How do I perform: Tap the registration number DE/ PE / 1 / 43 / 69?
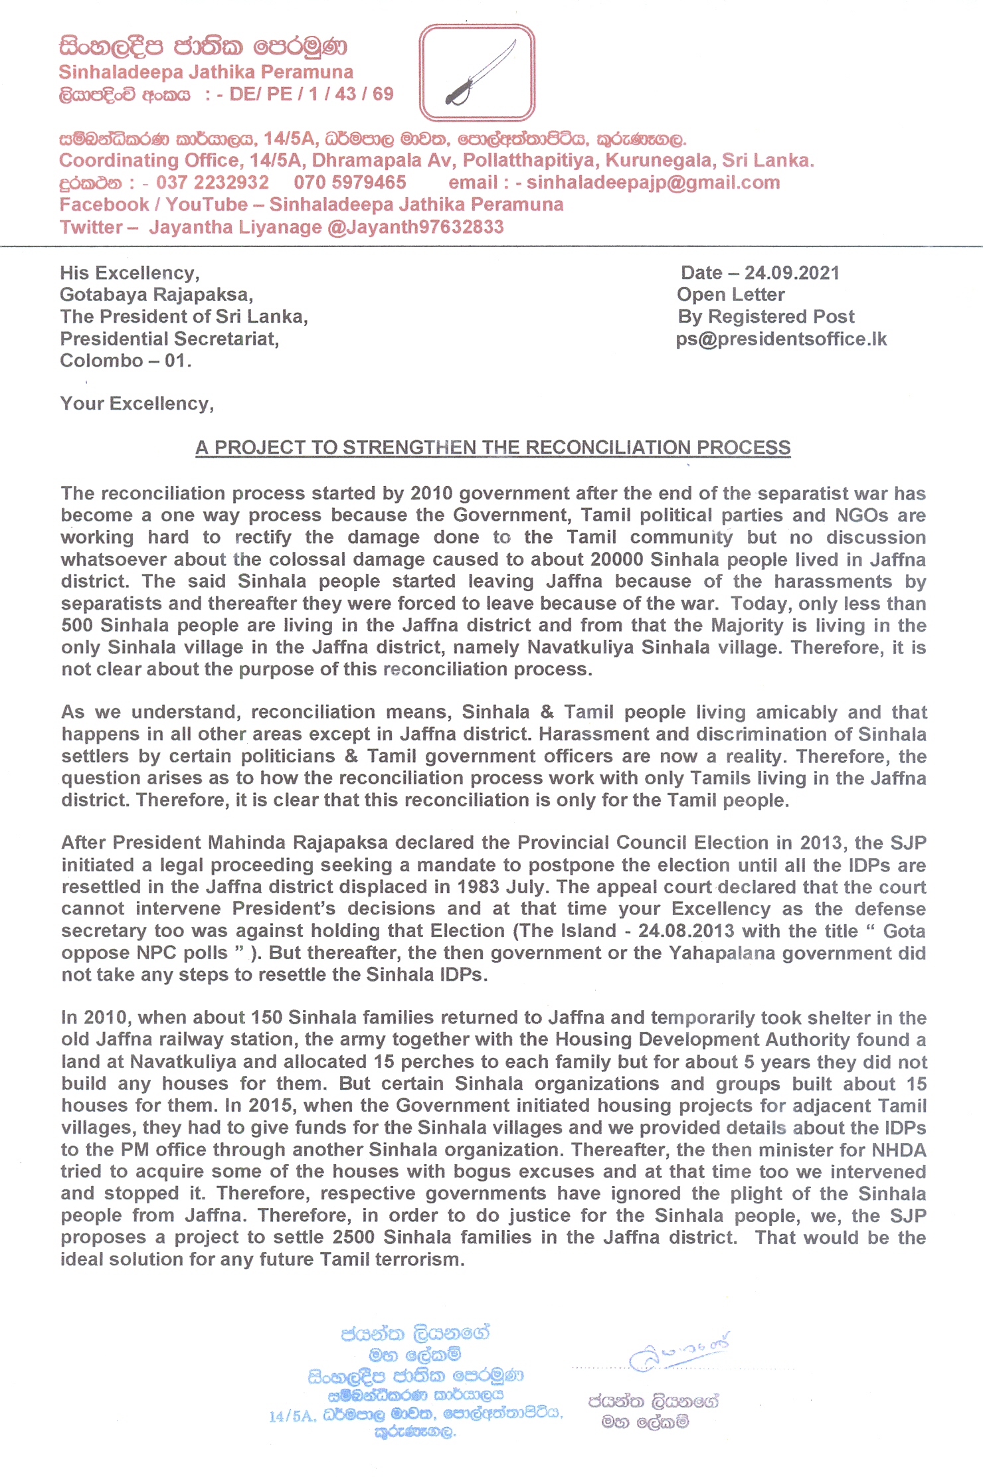[x=312, y=94]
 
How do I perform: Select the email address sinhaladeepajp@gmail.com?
[x=653, y=183]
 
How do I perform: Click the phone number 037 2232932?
[x=213, y=183]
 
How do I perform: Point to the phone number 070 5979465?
[x=350, y=183]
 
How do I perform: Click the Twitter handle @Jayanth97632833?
[x=416, y=227]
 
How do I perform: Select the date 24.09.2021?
[x=792, y=273]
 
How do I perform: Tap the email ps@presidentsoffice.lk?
[x=781, y=339]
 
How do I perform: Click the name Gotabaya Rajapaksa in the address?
[x=156, y=294]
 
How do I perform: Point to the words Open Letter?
[x=731, y=295]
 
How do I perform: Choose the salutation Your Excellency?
[x=137, y=404]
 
